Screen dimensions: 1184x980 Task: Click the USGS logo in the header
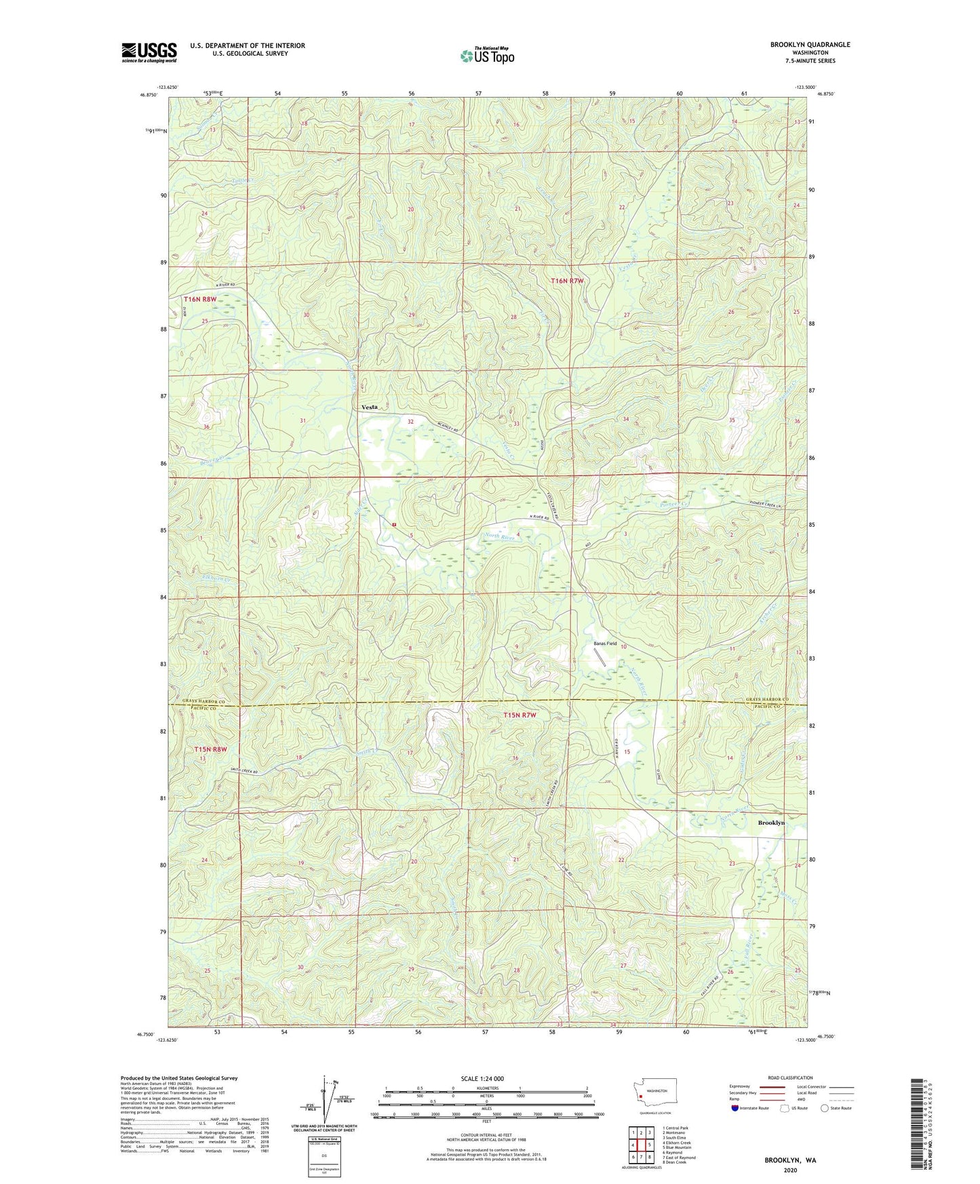(149, 52)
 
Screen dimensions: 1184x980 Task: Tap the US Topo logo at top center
(487, 56)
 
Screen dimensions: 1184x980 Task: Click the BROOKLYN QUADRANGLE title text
(810, 45)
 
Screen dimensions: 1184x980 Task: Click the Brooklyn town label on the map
(770, 823)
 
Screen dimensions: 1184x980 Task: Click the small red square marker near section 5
(393, 524)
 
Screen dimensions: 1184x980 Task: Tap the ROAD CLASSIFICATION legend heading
(790, 1078)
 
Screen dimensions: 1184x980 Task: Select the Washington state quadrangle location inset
(654, 1094)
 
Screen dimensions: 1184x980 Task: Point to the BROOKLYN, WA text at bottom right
(790, 1160)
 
